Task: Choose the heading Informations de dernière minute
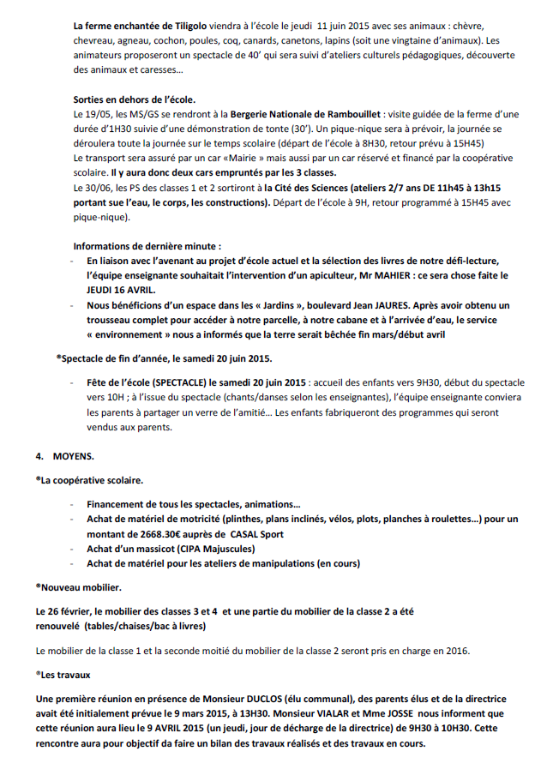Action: pos(141,245)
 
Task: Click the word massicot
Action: pos(146,548)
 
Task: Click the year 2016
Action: pos(454,651)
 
